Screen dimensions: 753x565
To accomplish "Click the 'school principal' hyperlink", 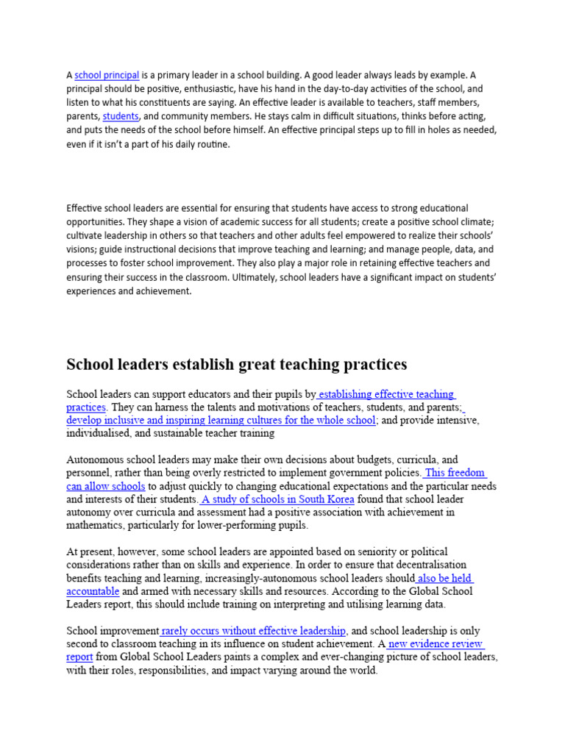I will pyautogui.click(x=107, y=75).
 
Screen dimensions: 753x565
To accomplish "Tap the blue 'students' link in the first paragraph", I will pyautogui.click(x=120, y=117).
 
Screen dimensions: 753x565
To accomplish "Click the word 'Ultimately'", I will pyautogui.click(x=256, y=277).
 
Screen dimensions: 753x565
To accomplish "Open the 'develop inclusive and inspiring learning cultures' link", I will pyautogui.click(x=221, y=421).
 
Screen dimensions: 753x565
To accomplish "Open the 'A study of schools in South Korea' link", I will pyautogui.click(x=277, y=499).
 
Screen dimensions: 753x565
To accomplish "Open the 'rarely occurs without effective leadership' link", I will pyautogui.click(x=254, y=631).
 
